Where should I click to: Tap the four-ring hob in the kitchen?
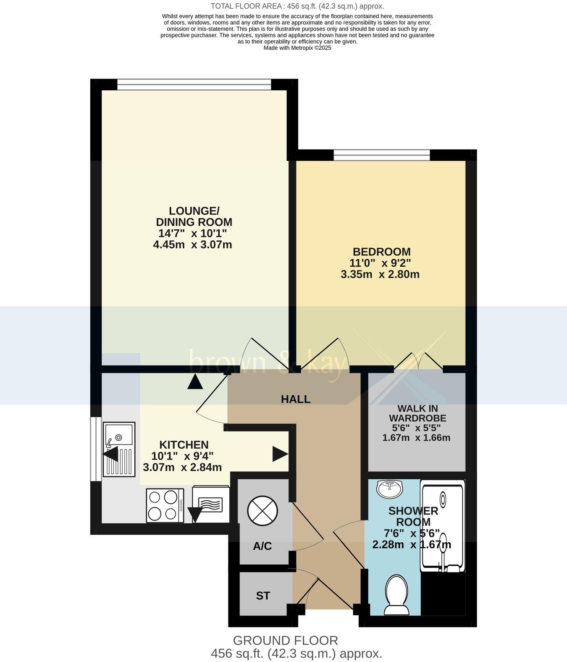click(165, 505)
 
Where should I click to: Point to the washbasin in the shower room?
click(390, 489)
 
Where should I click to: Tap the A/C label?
click(262, 546)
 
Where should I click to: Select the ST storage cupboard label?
click(263, 596)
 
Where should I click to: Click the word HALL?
click(296, 399)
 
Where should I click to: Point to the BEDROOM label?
click(381, 252)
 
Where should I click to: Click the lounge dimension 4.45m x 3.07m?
click(193, 244)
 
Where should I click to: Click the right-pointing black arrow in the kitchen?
click(280, 454)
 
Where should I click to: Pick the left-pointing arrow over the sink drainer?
click(111, 454)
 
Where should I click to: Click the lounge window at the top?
click(194, 85)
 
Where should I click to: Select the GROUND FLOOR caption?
click(285, 640)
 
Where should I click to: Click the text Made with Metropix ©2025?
click(297, 48)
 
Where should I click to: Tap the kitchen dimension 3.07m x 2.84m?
click(182, 467)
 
